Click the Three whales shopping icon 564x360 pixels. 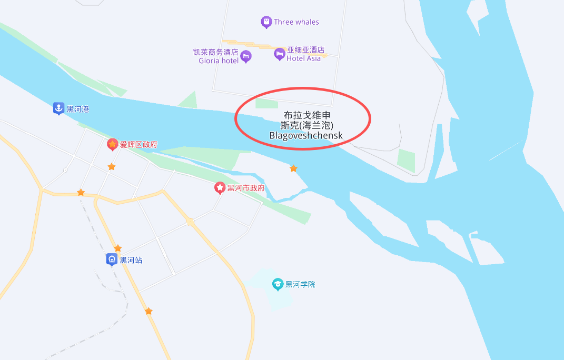pos(266,22)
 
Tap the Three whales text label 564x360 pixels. pos(296,22)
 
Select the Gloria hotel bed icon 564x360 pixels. pos(246,56)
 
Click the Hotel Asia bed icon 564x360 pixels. pos(279,54)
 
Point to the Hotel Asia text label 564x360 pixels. pos(304,58)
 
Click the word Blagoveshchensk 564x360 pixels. pos(306,135)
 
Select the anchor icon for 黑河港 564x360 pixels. pos(58,108)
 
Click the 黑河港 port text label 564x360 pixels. pos(78,109)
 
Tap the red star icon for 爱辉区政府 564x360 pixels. pos(112,144)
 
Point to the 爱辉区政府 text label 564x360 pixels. pos(138,145)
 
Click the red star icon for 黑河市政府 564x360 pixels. pos(220,187)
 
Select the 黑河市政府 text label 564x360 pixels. pos(246,188)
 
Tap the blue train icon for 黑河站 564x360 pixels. pos(112,259)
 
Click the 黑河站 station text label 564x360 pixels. pos(131,260)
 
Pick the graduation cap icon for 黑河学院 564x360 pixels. pos(278,284)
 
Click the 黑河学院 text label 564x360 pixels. pos(300,284)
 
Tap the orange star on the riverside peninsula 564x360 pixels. pos(293,168)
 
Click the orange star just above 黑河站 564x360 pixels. pos(118,248)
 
